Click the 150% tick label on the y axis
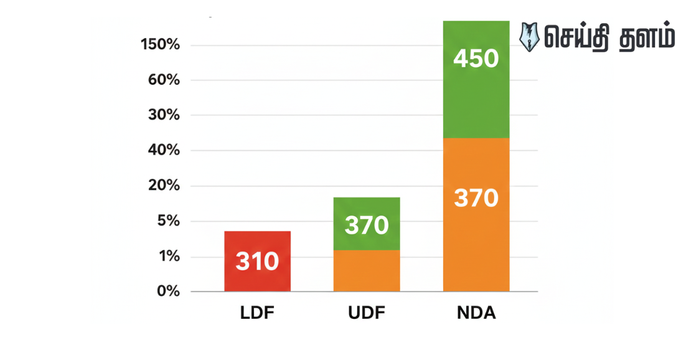coord(160,45)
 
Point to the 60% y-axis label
coord(164,80)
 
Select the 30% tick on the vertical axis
coord(164,115)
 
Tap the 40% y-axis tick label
coord(164,151)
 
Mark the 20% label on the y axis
coord(164,186)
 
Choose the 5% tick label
coord(167,221)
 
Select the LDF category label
coord(257,313)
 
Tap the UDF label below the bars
coord(367,313)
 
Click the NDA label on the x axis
coord(476,313)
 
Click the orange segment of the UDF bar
coord(367,271)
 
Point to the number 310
coord(257,262)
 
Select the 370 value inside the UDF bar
coord(367,225)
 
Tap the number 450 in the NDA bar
coord(476,59)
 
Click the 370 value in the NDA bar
coord(476,198)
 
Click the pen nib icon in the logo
coord(529,37)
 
